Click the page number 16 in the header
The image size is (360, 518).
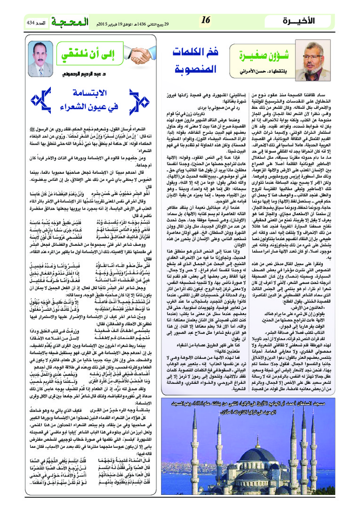pos(205,20)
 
